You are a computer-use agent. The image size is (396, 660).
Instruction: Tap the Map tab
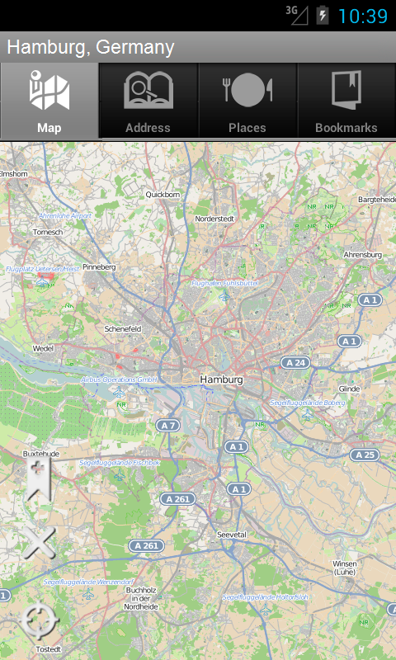pos(49,101)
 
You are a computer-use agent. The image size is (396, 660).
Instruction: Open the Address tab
pos(148,101)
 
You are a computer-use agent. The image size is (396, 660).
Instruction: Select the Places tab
pos(247,101)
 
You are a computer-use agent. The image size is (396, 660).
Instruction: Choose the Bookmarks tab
pos(346,101)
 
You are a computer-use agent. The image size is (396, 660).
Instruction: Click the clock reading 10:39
pos(363,16)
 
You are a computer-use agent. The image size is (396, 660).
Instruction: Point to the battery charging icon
pos(323,15)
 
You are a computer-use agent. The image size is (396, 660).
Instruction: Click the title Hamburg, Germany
pos(91,47)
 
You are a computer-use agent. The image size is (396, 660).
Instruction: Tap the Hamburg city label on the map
pos(222,379)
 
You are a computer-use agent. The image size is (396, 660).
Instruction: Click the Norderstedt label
pos(214,219)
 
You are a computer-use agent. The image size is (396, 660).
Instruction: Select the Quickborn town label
pos(163,195)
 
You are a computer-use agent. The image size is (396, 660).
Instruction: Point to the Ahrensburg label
pos(362,255)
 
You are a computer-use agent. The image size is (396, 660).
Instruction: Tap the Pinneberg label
pos(99,267)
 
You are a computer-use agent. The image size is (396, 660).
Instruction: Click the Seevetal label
pos(231,535)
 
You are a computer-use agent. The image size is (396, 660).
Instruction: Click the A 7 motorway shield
pos(168,425)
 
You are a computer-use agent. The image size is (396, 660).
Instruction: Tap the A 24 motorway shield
pos(295,362)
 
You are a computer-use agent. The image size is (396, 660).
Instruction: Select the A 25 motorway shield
pos(364,455)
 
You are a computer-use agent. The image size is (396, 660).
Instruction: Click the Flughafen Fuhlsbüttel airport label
pos(225,282)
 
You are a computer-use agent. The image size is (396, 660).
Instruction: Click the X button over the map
pos(38,543)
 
